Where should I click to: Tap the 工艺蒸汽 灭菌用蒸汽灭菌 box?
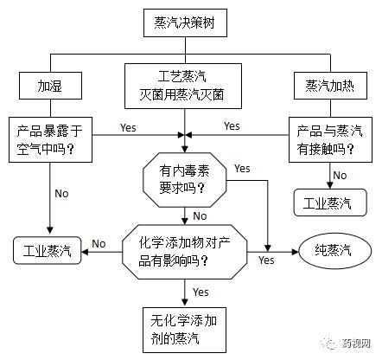[x=181, y=86]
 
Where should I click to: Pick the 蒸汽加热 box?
[x=329, y=87]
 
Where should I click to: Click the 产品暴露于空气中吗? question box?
[x=50, y=138]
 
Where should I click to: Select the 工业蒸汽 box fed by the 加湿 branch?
[x=48, y=252]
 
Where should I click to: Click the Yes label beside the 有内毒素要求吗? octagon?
[x=243, y=167]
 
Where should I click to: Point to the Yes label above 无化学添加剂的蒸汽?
[x=201, y=292]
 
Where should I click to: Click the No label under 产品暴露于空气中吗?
[x=62, y=193]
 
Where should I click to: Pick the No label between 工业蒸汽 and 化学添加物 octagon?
[x=99, y=243]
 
